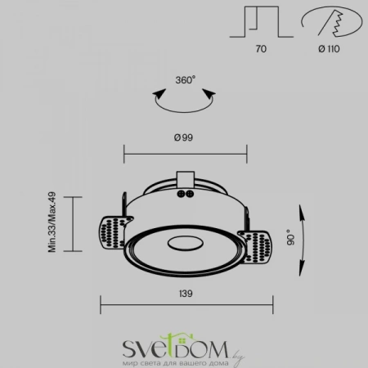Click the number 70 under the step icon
pos(261,49)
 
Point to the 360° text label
pos(185,81)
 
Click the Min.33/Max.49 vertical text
pos(51,222)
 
